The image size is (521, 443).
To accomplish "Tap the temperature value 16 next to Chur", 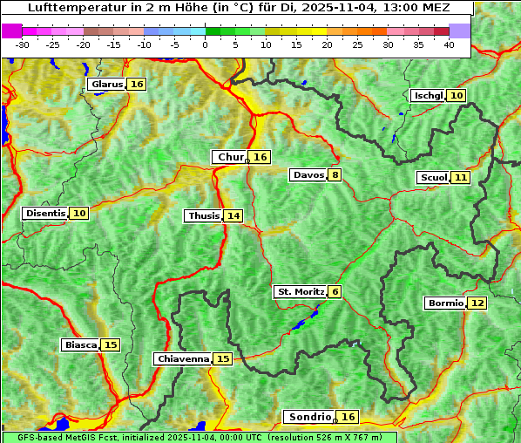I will pyautogui.click(x=260, y=157).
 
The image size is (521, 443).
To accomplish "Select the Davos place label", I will pyautogui.click(x=308, y=174).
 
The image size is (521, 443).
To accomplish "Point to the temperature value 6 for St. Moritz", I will pyautogui.click(x=335, y=291).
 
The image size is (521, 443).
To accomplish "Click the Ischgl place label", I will pyautogui.click(x=428, y=95).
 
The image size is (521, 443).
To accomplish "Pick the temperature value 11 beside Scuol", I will pyautogui.click(x=461, y=177).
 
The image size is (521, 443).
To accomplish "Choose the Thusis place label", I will pyautogui.click(x=204, y=215).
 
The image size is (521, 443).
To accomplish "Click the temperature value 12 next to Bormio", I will pyautogui.click(x=477, y=303).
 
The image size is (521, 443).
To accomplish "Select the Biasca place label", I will pyautogui.click(x=81, y=344).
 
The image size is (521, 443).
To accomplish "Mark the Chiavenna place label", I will pyautogui.click(x=183, y=358).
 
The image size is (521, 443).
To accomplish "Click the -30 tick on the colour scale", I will pyautogui.click(x=23, y=44).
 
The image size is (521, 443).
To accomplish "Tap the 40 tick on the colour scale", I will pyautogui.click(x=449, y=44).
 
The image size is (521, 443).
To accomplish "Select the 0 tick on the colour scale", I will pyautogui.click(x=206, y=44).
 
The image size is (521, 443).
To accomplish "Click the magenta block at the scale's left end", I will pyautogui.click(x=12, y=31).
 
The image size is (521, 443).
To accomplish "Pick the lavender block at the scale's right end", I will pyautogui.click(x=460, y=31).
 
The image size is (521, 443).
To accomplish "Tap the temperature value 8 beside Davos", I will pyautogui.click(x=335, y=174).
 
